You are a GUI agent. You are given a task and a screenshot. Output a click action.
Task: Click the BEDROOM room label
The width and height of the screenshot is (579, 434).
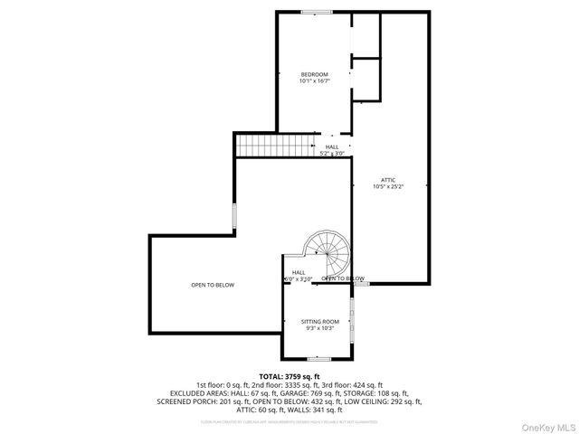pos(314,74)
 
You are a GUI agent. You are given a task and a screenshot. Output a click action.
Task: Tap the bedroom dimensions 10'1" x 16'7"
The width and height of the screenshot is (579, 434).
pos(314,81)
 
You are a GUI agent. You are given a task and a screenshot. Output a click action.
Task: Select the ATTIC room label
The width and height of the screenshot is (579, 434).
pos(388,180)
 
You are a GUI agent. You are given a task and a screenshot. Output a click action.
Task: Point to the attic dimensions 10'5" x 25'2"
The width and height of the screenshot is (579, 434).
pos(388,187)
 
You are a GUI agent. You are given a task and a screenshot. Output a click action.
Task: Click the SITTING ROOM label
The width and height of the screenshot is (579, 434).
pos(319,322)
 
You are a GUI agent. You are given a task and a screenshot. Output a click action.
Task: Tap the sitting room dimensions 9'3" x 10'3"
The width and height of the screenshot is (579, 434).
pos(319,329)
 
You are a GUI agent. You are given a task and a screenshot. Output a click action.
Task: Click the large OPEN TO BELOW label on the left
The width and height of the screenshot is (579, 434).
pos(213,286)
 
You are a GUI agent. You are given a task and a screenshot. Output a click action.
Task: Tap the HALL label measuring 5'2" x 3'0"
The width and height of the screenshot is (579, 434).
pos(332,150)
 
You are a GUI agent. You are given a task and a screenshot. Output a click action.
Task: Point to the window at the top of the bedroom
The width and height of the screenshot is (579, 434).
pos(316,12)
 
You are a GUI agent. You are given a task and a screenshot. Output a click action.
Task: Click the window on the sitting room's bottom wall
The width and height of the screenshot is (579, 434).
pos(318,359)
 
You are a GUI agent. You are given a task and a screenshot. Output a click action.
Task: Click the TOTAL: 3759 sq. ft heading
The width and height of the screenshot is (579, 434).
pos(289,376)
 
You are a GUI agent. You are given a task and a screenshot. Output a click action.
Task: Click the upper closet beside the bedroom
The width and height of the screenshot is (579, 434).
pos(364,34)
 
